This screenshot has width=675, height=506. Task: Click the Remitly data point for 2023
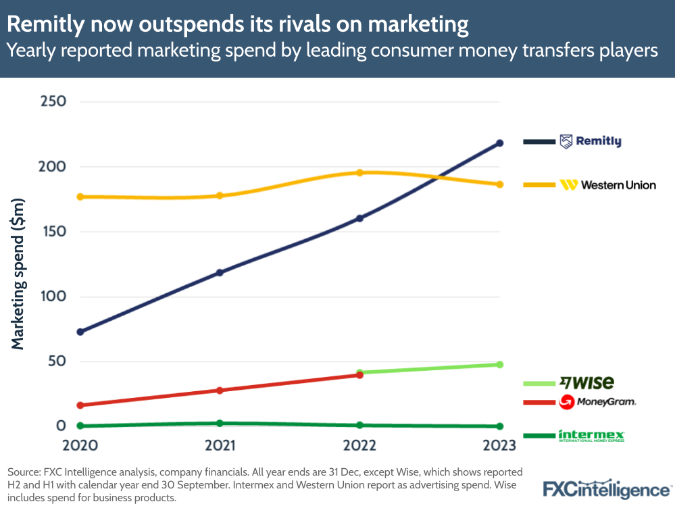[x=500, y=143]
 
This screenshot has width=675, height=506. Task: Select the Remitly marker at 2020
[x=80, y=332]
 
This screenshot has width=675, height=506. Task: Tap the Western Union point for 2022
[x=360, y=173]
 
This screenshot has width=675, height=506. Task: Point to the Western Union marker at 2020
[x=80, y=197]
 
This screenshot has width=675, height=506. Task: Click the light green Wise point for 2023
[x=500, y=364]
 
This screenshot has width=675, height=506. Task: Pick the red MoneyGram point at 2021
[x=220, y=390]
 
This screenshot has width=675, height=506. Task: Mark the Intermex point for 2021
[x=220, y=423]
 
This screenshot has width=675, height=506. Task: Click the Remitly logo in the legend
[x=590, y=141]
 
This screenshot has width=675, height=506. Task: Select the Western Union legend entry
[x=607, y=184]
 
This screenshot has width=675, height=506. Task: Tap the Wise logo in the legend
[x=586, y=382]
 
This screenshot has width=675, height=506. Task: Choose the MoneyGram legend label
[x=597, y=402]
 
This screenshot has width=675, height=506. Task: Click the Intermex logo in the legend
[x=591, y=436]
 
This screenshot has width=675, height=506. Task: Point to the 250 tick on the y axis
[x=53, y=101]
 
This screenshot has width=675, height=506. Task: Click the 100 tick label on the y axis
[x=53, y=296]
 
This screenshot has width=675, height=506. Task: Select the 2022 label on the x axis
[x=359, y=445]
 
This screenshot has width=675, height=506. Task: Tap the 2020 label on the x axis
[x=80, y=445]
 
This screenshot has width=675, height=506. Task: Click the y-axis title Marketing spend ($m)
[x=18, y=274]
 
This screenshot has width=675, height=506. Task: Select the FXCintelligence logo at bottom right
[x=607, y=490]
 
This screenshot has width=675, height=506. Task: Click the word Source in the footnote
[x=24, y=472]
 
